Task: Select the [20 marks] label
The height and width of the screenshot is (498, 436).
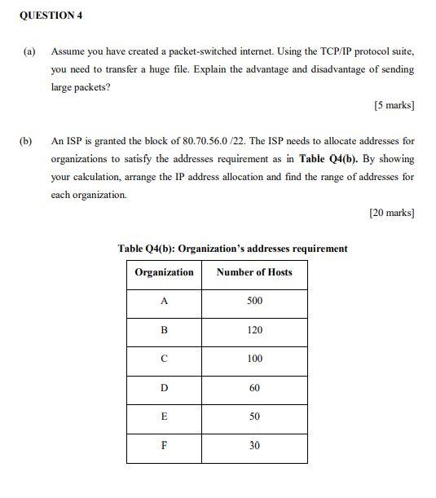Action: (390, 213)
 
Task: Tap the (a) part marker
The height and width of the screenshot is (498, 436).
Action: (29, 51)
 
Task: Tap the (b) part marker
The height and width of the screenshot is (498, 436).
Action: (26, 141)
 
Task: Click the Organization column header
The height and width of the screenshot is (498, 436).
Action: (164, 272)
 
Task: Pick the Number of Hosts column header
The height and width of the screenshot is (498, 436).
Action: (254, 272)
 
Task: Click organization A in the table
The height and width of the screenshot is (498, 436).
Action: (164, 302)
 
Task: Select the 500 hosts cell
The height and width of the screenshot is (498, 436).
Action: (254, 302)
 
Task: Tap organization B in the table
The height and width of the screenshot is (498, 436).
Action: (164, 331)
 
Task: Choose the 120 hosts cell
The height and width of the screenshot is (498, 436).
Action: (254, 331)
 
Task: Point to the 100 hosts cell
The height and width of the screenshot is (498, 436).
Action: (254, 359)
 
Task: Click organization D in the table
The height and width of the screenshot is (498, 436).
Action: (164, 388)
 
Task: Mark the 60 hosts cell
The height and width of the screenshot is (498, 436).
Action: (254, 388)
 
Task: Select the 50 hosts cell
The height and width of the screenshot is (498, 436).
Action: (254, 416)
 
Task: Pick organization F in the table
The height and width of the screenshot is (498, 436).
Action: (164, 446)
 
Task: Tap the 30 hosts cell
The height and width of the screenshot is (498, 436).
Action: (254, 446)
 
